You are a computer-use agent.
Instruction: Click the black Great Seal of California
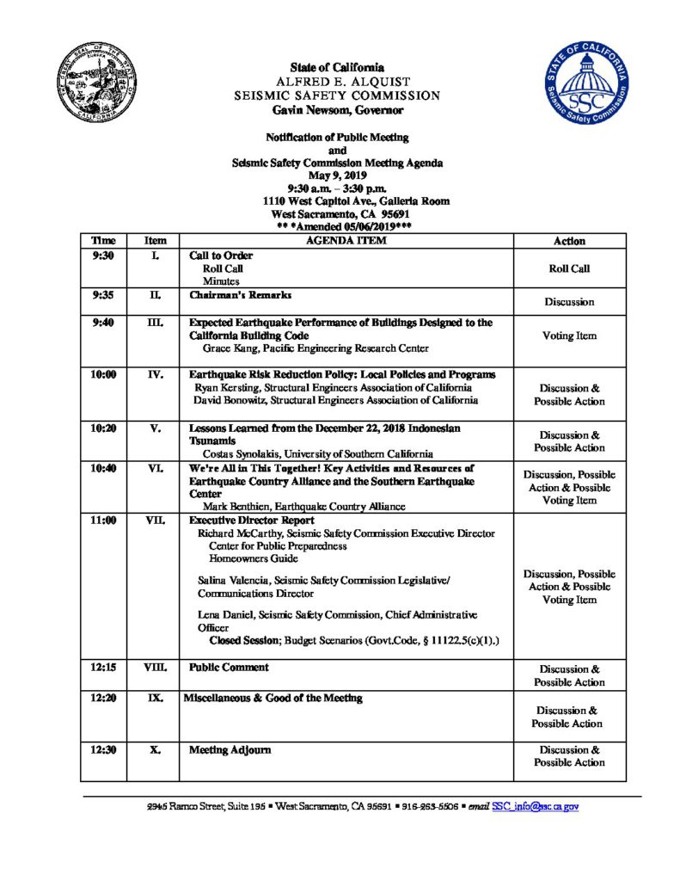point(95,87)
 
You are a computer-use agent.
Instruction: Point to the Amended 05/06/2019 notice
point(343,225)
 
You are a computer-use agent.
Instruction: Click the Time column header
point(103,241)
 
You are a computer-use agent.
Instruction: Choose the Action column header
point(569,242)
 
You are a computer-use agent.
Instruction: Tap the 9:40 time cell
point(103,323)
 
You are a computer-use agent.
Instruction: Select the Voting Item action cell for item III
point(569,336)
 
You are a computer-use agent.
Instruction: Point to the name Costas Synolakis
point(244,453)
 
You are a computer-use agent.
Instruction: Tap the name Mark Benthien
point(236,507)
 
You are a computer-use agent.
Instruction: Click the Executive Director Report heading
point(251,521)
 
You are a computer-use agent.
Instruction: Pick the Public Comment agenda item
point(229,667)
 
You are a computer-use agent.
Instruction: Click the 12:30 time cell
point(103,750)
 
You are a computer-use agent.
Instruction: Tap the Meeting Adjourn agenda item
point(230,750)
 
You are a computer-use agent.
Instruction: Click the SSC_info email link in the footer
point(536,807)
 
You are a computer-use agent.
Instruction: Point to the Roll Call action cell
point(569,268)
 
